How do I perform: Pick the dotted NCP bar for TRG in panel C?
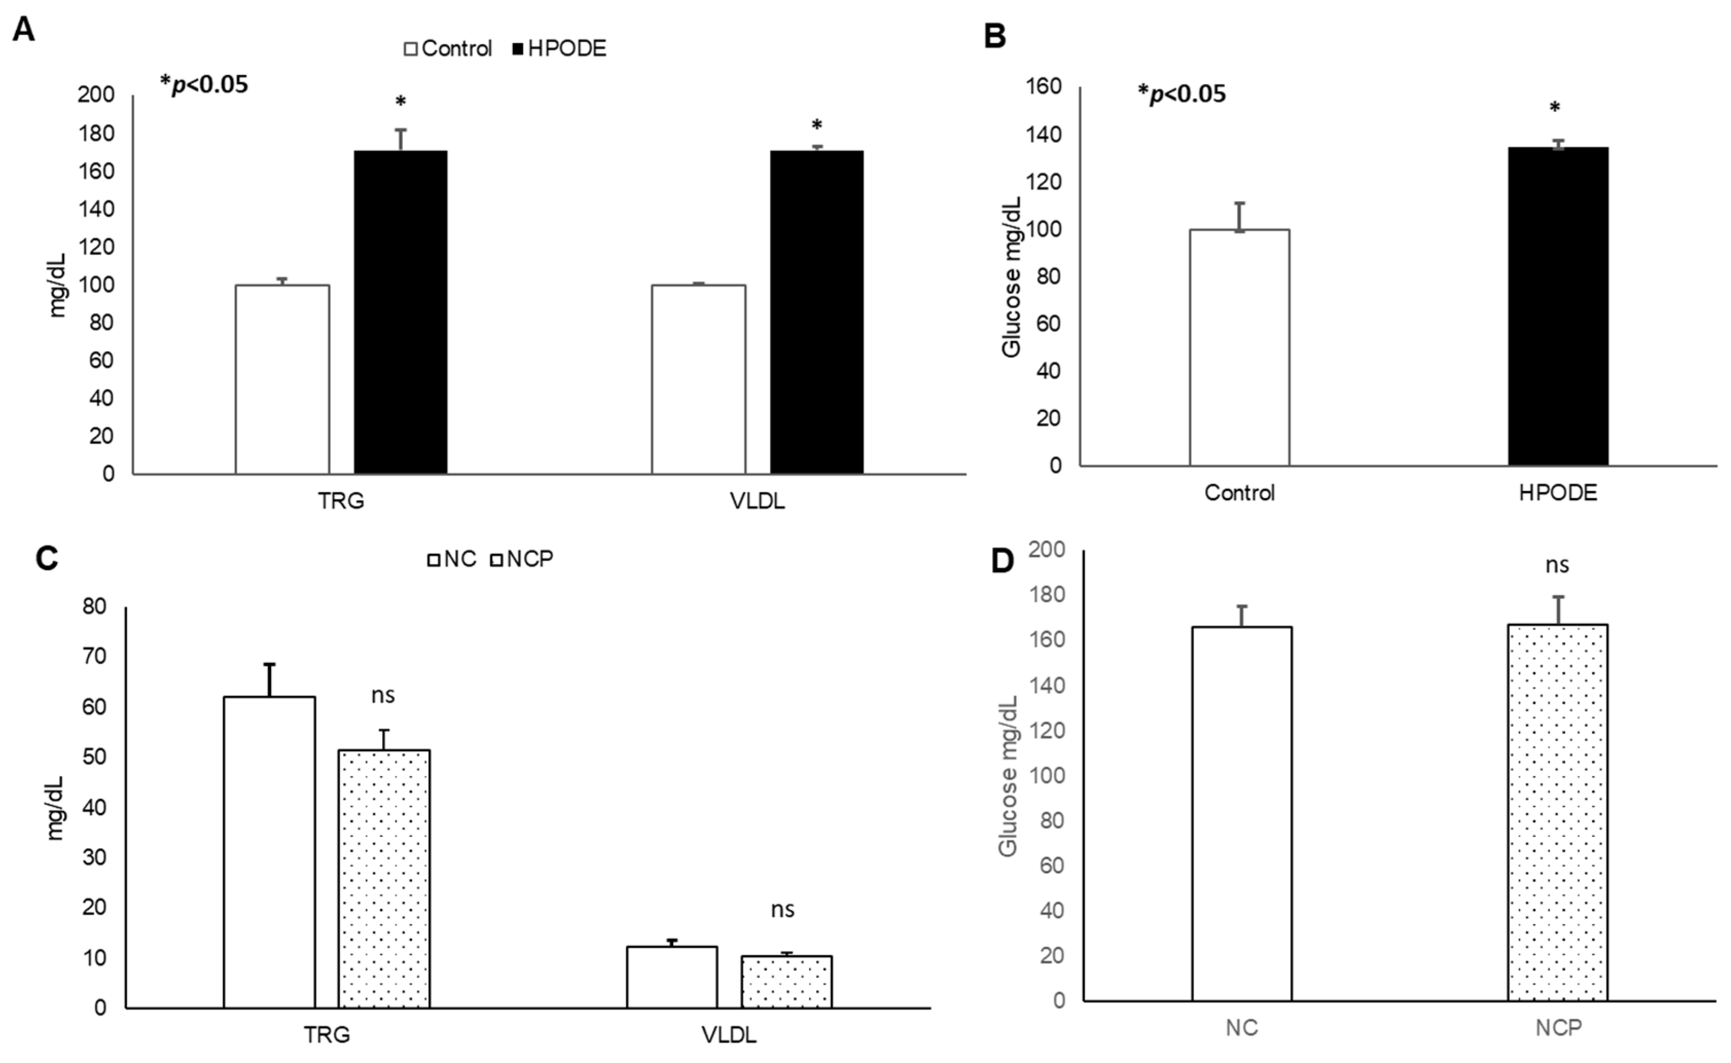coord(384,879)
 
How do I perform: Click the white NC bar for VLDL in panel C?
coord(672,977)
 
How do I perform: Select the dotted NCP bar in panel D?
coord(1557,812)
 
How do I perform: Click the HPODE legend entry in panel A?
coord(558,48)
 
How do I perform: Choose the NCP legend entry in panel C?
coord(522,559)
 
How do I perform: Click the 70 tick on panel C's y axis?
coord(95,656)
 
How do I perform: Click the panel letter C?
coord(46,559)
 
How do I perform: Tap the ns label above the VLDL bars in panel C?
coord(782,910)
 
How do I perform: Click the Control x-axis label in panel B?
coord(1239,493)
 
